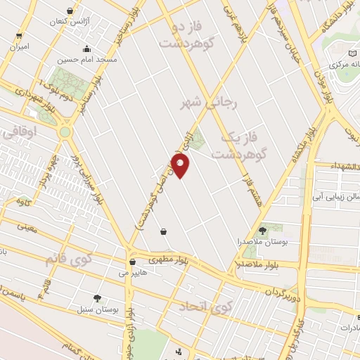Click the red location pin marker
coord(181,167)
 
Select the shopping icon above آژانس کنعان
coord(69,11)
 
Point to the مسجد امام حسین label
coord(87,59)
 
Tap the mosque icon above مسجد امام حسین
coord(86,49)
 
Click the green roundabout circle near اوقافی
coord(65,131)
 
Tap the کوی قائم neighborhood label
coord(69,259)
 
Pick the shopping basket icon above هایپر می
coord(132,262)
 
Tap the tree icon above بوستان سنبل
coord(98,298)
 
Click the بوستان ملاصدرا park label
coord(262,240)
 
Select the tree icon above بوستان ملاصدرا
coord(262,230)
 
